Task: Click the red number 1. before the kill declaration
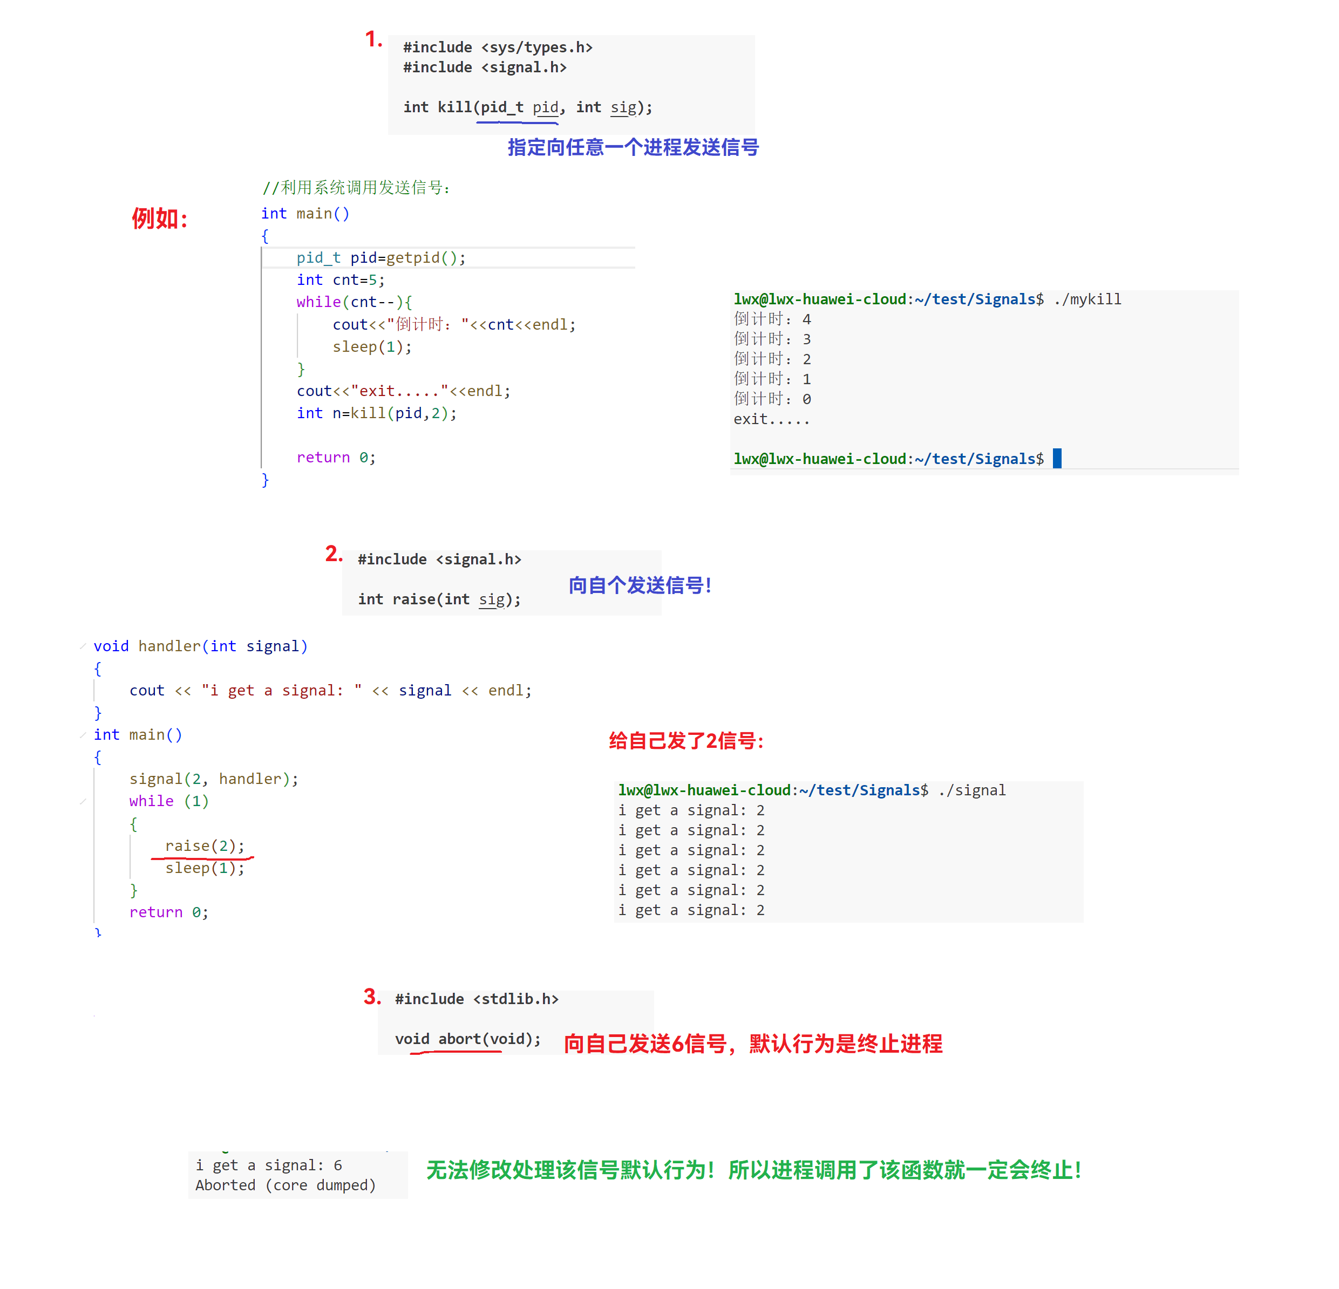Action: pos(373,39)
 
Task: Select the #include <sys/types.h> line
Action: pos(498,47)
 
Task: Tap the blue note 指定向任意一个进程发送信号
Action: pos(633,147)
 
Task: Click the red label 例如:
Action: pos(159,219)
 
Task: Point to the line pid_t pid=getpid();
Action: pos(380,257)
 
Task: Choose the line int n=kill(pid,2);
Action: pos(376,413)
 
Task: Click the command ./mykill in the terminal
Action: pos(1087,299)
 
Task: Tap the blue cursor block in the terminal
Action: pos(1057,459)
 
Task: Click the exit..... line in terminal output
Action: pos(771,419)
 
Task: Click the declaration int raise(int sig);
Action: pos(439,599)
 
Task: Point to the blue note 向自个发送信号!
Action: pos(640,585)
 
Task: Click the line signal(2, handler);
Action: pos(213,779)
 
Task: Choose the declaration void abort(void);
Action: pos(467,1039)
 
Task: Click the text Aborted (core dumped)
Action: pos(286,1185)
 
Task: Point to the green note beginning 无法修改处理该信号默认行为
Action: pos(753,1170)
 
